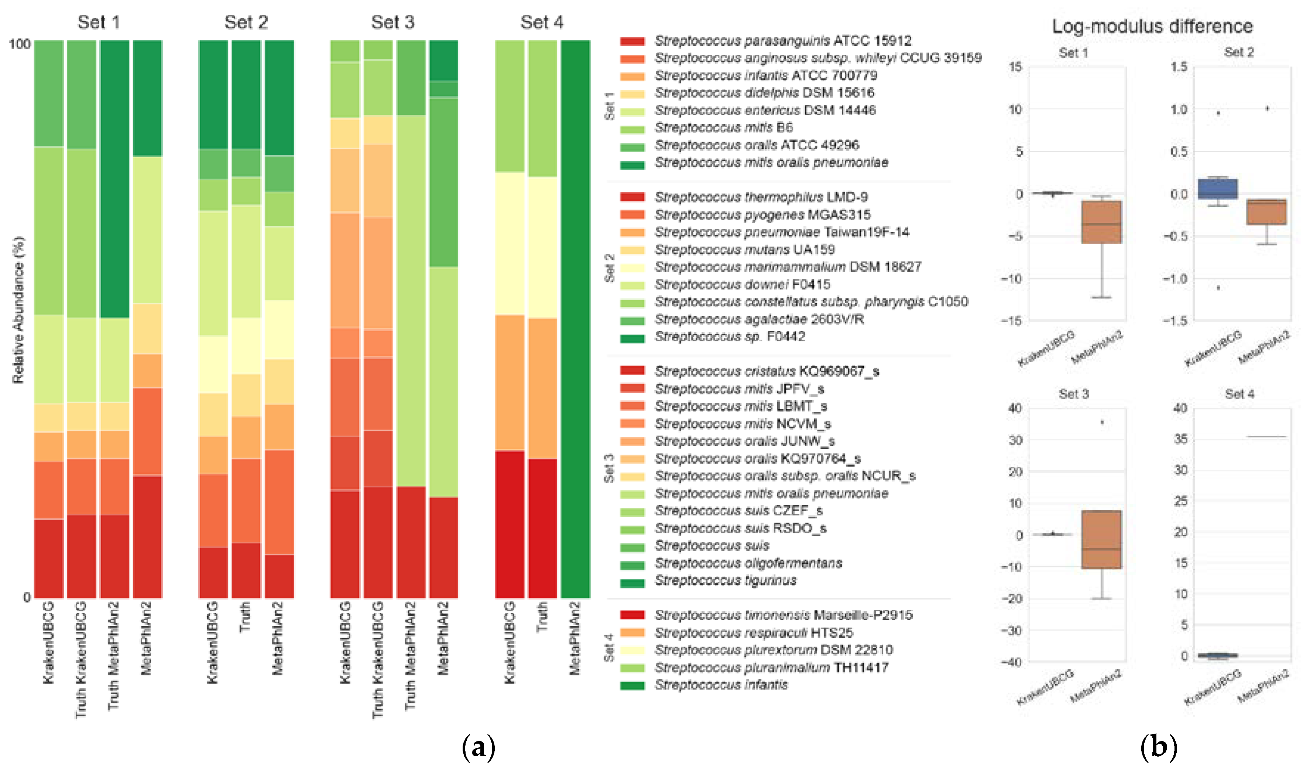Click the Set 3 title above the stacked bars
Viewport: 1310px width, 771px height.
tap(392, 23)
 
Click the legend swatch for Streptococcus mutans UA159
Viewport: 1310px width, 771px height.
tap(632, 250)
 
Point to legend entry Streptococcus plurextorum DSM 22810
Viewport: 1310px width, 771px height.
tap(773, 650)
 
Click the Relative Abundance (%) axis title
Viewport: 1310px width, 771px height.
tap(18, 310)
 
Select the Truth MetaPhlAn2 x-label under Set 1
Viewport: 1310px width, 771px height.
tap(113, 656)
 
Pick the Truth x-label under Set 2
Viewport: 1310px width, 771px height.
tap(245, 618)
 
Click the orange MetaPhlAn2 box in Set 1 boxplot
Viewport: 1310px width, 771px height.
tap(1101, 222)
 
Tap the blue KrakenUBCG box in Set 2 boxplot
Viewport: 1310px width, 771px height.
tap(1217, 188)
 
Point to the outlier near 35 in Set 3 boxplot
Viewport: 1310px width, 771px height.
tap(1101, 422)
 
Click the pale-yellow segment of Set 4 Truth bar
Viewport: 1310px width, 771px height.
tap(542, 247)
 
